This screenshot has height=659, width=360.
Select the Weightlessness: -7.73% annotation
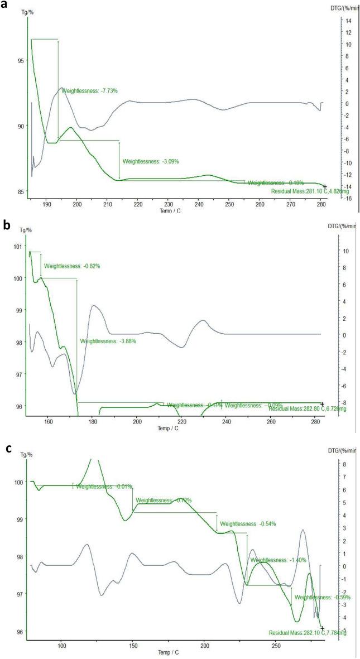(x=89, y=90)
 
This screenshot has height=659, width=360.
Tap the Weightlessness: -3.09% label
(x=151, y=161)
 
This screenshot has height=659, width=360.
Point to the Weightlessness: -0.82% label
(x=72, y=266)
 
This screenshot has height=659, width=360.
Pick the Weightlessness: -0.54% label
(x=248, y=524)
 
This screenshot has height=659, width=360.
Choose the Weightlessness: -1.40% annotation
(x=279, y=560)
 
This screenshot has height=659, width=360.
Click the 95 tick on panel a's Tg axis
(x=20, y=60)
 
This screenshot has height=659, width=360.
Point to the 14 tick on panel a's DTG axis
(x=348, y=21)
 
